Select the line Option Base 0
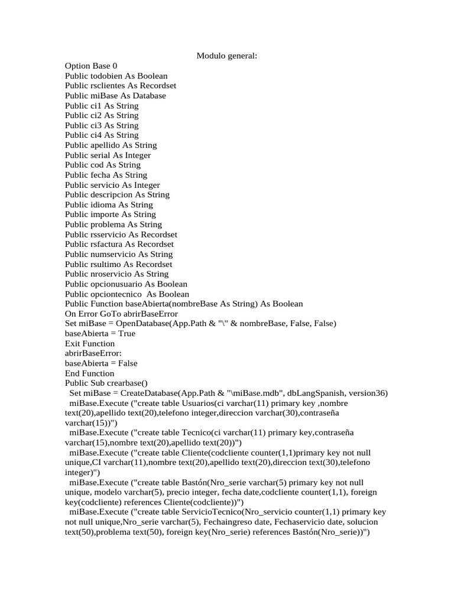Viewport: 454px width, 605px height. pos(91,66)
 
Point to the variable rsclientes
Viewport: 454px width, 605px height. pos(109,86)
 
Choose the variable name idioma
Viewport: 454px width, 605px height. pos(103,204)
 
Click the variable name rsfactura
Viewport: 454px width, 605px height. pos(108,244)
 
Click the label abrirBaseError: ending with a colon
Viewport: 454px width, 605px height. pos(93,353)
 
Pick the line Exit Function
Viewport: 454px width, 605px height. pos(90,343)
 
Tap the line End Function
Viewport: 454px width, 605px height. pos(89,373)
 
